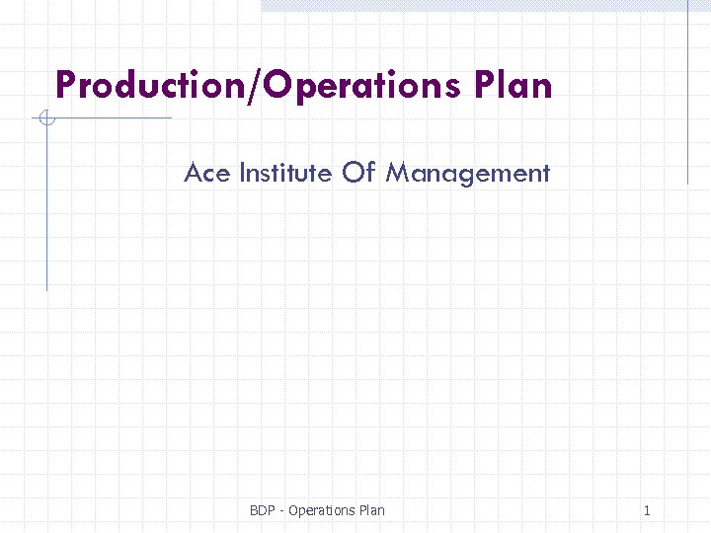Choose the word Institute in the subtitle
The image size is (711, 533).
pyautogui.click(x=285, y=174)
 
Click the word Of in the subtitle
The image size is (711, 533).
pyautogui.click(x=359, y=174)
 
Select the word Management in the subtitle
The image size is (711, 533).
pyautogui.click(x=467, y=175)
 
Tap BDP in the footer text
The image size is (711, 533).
pyautogui.click(x=263, y=510)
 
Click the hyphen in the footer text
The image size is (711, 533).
pyautogui.click(x=282, y=511)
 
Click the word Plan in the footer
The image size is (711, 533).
pyautogui.click(x=372, y=510)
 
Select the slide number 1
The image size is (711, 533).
pyautogui.click(x=647, y=510)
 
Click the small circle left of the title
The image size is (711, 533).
pyautogui.click(x=45, y=119)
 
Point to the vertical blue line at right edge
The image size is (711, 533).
pyautogui.click(x=687, y=99)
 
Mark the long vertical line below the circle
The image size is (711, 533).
pyautogui.click(x=46, y=207)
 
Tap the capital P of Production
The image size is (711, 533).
pyautogui.click(x=65, y=85)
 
